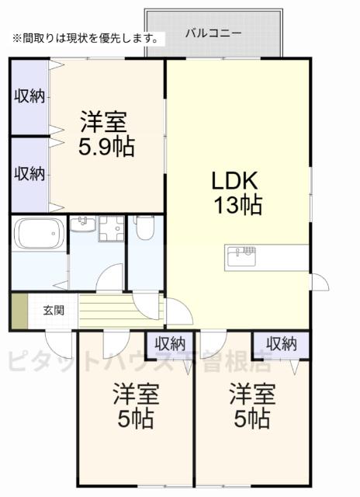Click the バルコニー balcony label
[213, 34]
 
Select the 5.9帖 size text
[106, 145]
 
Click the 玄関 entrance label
[53, 311]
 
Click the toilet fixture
[144, 228]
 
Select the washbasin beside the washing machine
[82, 226]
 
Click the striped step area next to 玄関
[116, 308]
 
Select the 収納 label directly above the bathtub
[29, 172]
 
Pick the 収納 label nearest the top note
[29, 96]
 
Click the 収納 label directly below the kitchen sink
[280, 342]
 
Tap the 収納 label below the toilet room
[169, 342]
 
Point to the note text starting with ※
[85, 37]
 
